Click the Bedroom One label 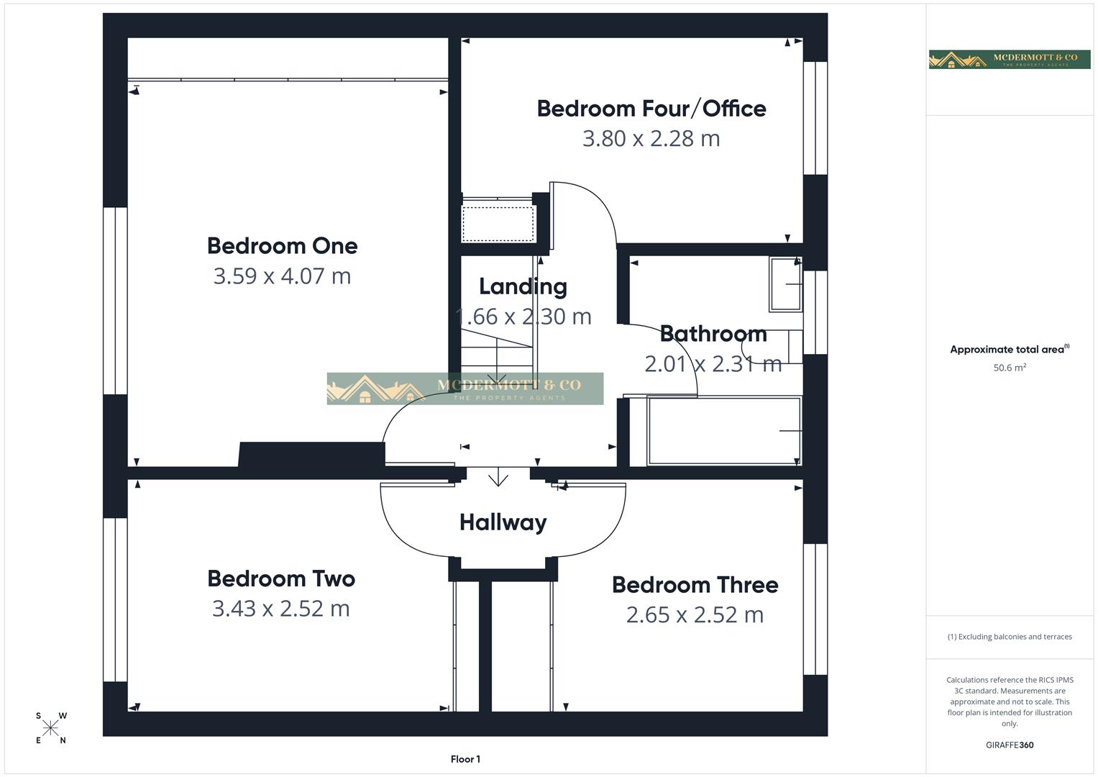click(x=282, y=246)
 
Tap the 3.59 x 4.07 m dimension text click(x=282, y=276)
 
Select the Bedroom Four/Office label click(x=651, y=109)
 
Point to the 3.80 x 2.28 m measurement click(x=651, y=138)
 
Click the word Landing click(x=523, y=286)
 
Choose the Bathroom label click(x=713, y=334)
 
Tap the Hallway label click(x=503, y=522)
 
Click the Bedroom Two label click(x=281, y=578)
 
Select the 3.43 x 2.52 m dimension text click(x=280, y=609)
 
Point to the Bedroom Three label click(x=695, y=585)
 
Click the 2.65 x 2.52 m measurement click(x=695, y=615)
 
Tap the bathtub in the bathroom click(x=723, y=430)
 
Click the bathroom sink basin click(x=785, y=284)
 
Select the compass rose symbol click(x=50, y=728)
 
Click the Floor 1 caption click(x=465, y=759)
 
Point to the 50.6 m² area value click(x=1010, y=368)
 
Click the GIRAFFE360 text click(x=1010, y=745)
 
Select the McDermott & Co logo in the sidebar click(x=1009, y=59)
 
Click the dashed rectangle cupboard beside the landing click(x=498, y=224)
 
